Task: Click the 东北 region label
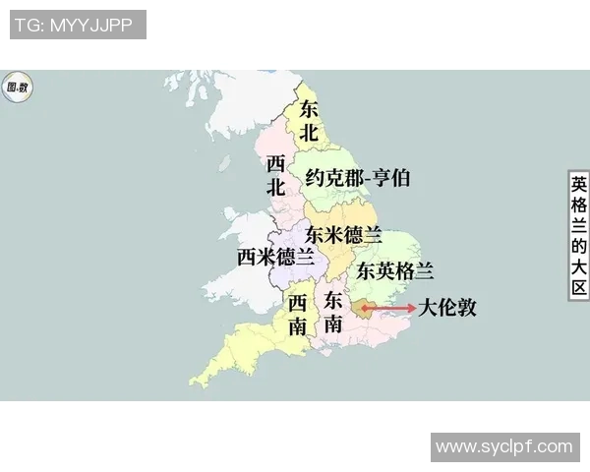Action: (x=309, y=121)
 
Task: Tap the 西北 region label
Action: (x=276, y=174)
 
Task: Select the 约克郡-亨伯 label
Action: (x=358, y=178)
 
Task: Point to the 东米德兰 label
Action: (x=343, y=234)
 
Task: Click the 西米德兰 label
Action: (x=276, y=257)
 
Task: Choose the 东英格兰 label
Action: (x=395, y=270)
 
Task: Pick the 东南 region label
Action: (x=334, y=312)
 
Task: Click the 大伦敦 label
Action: (x=447, y=307)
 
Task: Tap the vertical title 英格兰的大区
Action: (x=578, y=236)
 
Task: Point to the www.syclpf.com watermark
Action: (x=503, y=446)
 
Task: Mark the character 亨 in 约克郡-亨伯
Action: (x=381, y=178)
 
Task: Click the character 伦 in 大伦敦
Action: (x=447, y=307)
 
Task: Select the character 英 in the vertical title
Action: (x=578, y=184)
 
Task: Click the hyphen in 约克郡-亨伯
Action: (x=364, y=179)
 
